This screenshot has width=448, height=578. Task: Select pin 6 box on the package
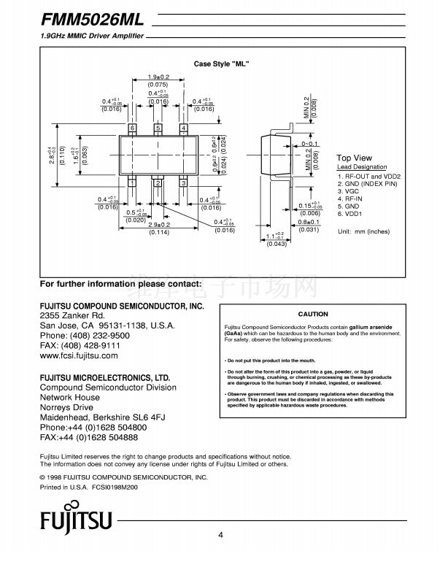coord(132,128)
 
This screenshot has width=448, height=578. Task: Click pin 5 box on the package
coord(158,128)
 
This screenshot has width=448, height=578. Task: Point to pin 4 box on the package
coord(183,128)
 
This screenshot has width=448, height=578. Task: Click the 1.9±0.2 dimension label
coord(158,77)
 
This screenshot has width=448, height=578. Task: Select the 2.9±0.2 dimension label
coord(158,225)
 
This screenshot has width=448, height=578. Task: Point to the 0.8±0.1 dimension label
coord(309,222)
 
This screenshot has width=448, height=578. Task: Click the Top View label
coord(354,158)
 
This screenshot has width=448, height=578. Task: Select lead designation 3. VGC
coord(351,191)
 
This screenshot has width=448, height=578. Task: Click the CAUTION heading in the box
coord(313,314)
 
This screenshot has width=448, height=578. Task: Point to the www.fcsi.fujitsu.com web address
coord(79,355)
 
